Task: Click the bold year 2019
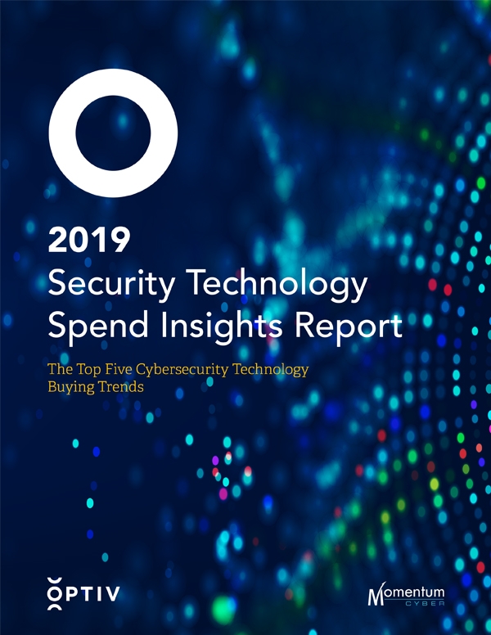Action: pyautogui.click(x=90, y=241)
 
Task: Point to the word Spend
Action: pyautogui.click(x=92, y=327)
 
